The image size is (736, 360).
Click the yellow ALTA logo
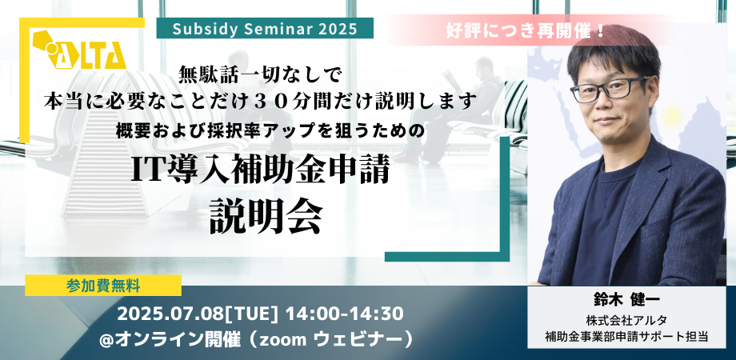click(x=79, y=50)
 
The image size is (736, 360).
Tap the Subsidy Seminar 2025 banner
click(x=265, y=28)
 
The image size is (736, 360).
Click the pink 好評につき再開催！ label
click(x=524, y=31)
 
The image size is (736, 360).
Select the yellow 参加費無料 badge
click(x=102, y=285)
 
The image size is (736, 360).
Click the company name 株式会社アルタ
click(x=626, y=322)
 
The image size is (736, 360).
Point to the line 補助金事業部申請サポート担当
click(x=626, y=337)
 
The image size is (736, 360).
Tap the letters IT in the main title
click(x=148, y=172)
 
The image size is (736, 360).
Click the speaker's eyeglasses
click(x=611, y=89)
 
